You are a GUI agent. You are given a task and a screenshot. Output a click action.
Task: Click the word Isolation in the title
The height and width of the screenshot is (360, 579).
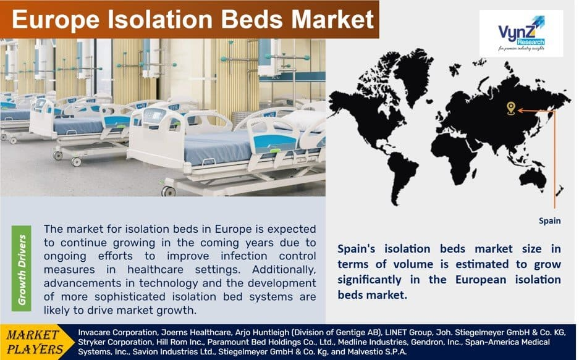coord(160,19)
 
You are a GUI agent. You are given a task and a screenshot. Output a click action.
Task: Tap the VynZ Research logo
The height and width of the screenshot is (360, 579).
coord(521,33)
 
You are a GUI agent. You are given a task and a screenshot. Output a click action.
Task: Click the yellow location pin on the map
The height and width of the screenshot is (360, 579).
coord(510,109)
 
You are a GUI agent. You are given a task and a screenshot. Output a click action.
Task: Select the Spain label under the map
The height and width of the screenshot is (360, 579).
coord(549,221)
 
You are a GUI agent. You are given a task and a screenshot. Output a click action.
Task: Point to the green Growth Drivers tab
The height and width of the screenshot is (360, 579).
coord(22,269)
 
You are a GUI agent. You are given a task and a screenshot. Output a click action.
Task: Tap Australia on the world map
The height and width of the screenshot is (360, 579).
coord(532,178)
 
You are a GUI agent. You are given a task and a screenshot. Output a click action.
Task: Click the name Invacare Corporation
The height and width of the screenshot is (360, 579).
coord(117,332)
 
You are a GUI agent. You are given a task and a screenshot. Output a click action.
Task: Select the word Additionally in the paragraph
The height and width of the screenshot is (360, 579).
coord(284,270)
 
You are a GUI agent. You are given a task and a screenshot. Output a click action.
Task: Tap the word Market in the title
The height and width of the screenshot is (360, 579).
coord(332,19)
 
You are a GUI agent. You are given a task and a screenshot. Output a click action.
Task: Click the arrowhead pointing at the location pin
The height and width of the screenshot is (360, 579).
coord(520,111)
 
